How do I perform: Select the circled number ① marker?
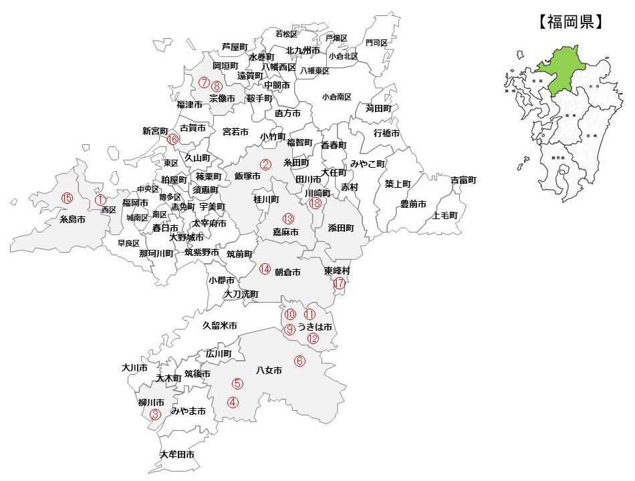[x=100, y=199]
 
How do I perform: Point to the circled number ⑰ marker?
[x=340, y=284]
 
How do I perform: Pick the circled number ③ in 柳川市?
[x=155, y=414]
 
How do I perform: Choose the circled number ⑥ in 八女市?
[x=299, y=361]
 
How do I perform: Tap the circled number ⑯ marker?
[x=172, y=140]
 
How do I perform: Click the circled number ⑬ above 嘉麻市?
[x=288, y=218]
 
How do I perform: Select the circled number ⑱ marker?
[x=315, y=204]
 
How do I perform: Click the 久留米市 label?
[x=220, y=325]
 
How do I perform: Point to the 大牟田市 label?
[x=177, y=454]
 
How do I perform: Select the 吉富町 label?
[x=463, y=180]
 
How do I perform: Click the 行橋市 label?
[x=386, y=133]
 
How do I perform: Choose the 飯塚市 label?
[x=247, y=176]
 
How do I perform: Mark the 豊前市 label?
[x=413, y=204]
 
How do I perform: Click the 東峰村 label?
[x=337, y=271]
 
